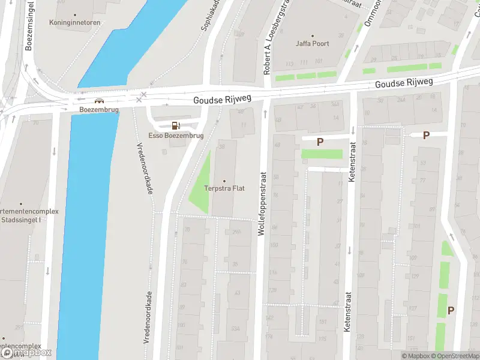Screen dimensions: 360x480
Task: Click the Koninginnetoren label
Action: tap(74, 23)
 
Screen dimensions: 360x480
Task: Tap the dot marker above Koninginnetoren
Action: tap(74, 14)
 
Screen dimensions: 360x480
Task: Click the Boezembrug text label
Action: tap(99, 110)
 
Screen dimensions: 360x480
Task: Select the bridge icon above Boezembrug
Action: tap(98, 101)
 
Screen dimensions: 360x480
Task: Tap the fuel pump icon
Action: tap(176, 125)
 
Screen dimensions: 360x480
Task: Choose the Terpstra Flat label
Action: tap(224, 189)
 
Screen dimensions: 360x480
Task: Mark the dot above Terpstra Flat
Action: tap(224, 181)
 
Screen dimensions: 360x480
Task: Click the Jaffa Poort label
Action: tap(312, 44)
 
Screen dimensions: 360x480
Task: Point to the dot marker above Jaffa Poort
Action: tap(312, 35)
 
